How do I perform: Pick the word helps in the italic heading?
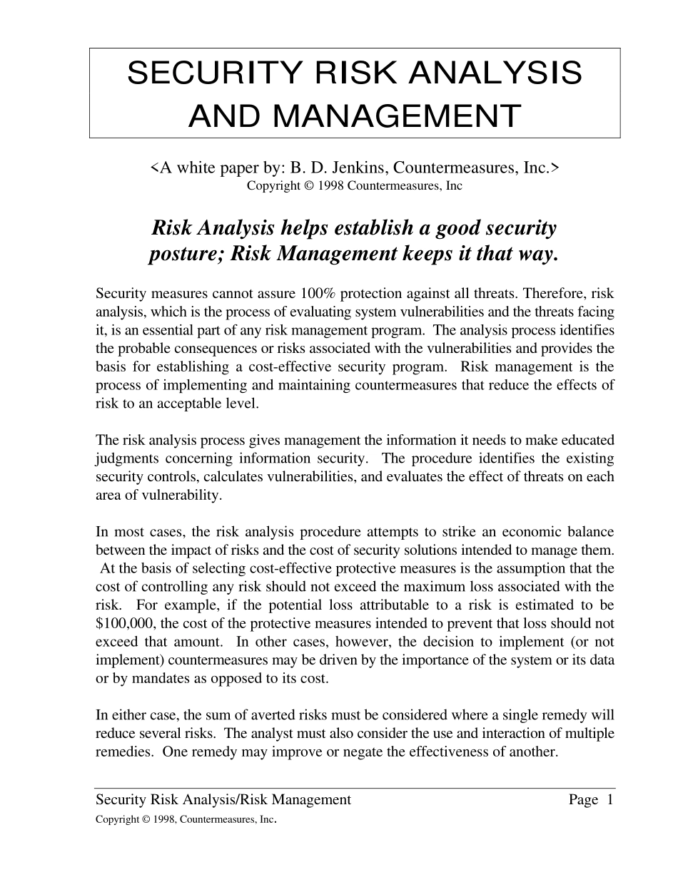(308, 228)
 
